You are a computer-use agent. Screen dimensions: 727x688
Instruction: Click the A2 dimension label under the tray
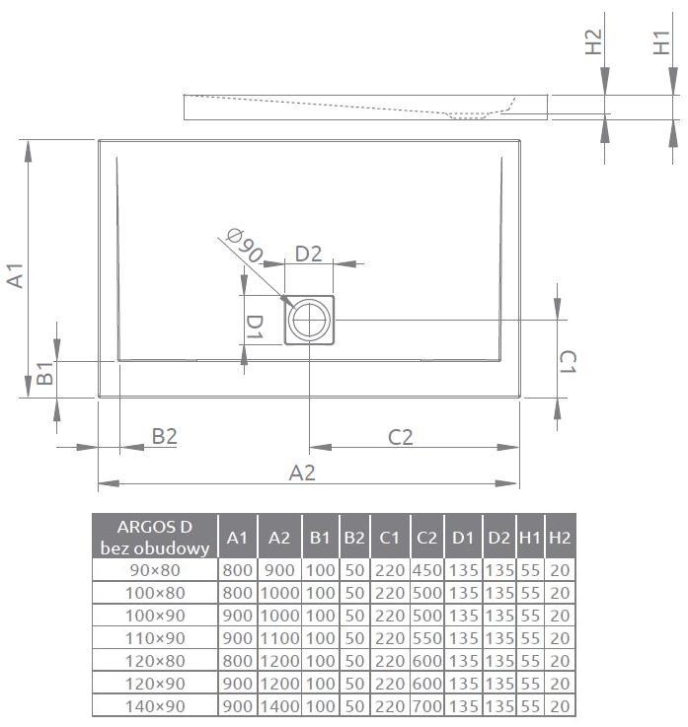pos(301,473)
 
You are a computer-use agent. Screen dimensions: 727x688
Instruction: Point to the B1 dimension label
pos(44,374)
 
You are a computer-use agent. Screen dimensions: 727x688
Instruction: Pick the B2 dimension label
pos(164,436)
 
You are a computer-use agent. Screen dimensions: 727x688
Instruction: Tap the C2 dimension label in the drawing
pos(400,436)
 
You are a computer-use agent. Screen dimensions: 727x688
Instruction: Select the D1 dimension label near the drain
pos(255,326)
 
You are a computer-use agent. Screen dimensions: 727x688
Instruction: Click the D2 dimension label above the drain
pos(309,254)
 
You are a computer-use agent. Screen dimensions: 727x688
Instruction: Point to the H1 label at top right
pos(663,42)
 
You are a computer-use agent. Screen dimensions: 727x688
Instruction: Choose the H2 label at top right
pos(593,42)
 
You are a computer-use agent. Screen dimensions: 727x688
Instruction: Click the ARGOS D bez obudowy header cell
pos(154,537)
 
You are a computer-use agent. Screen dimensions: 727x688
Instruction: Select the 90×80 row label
pos(154,569)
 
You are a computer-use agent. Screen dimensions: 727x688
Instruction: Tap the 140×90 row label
pos(154,705)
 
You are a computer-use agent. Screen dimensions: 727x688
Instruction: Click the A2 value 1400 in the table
pos(279,705)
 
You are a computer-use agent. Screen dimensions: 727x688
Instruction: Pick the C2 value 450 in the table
pos(426,569)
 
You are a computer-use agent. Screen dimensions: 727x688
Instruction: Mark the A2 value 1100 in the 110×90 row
pos(279,637)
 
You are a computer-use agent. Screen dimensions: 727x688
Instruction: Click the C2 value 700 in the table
pos(426,705)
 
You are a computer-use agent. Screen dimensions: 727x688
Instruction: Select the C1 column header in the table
pos(389,537)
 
